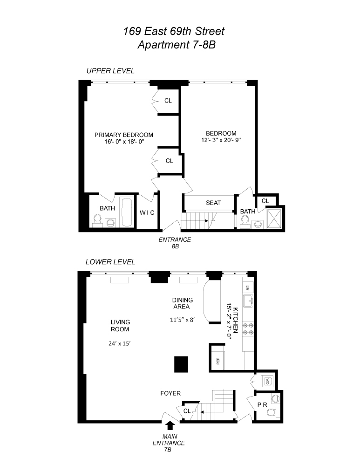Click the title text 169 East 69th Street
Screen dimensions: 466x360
click(x=174, y=32)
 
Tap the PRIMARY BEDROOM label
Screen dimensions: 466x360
click(x=124, y=135)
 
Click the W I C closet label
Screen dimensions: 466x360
click(x=148, y=212)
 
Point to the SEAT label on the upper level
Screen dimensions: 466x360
click(x=213, y=203)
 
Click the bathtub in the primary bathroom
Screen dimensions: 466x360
click(x=126, y=212)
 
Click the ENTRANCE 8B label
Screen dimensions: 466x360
click(x=175, y=243)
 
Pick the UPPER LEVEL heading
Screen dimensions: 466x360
click(x=110, y=71)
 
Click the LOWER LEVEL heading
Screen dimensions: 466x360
click(x=110, y=262)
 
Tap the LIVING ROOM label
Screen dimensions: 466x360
click(x=120, y=326)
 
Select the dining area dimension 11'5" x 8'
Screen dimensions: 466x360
click(x=181, y=320)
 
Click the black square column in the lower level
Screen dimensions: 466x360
click(x=181, y=363)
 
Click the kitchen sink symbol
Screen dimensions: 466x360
click(x=248, y=301)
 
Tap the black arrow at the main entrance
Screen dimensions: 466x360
click(x=170, y=425)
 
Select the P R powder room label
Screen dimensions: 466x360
click(x=262, y=405)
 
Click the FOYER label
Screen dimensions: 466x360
click(x=170, y=394)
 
